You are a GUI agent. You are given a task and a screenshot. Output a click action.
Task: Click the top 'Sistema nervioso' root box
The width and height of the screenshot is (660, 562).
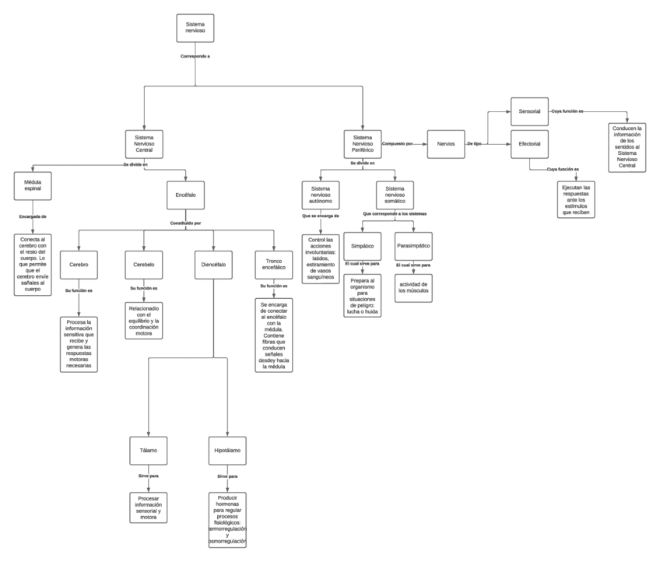point(195,28)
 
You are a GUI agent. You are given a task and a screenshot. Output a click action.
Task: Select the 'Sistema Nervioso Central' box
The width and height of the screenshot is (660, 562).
point(144,144)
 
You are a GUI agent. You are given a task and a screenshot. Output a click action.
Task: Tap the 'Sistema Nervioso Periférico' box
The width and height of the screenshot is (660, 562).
point(363,144)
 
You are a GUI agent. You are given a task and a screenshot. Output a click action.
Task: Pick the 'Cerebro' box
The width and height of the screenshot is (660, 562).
point(78,265)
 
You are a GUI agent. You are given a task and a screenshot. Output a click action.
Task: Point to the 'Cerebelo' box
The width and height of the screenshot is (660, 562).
point(143,265)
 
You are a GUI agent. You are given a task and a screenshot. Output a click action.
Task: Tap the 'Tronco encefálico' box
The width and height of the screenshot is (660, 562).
point(274,265)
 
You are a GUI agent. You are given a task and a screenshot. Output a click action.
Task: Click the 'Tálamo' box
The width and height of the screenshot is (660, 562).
point(149,451)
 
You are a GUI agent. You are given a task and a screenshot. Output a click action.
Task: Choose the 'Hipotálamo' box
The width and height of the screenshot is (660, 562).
point(228,451)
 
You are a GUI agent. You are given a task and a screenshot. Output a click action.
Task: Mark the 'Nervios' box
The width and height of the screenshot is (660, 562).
point(446,144)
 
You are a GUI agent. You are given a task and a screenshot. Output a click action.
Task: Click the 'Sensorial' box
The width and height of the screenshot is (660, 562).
point(529,111)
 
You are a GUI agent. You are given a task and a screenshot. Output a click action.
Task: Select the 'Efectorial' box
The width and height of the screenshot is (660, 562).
point(529,144)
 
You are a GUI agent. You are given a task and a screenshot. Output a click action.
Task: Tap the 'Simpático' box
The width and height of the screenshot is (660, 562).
point(363,246)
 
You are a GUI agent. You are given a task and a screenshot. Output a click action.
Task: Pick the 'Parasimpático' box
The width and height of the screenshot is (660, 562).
point(413,246)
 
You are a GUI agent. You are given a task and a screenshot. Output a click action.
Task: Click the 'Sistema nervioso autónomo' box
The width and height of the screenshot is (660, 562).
point(321,195)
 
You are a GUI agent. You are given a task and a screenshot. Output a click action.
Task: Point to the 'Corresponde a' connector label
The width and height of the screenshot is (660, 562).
point(195,57)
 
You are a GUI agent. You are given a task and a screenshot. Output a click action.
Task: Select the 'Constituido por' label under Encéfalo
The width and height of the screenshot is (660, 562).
point(186,223)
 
